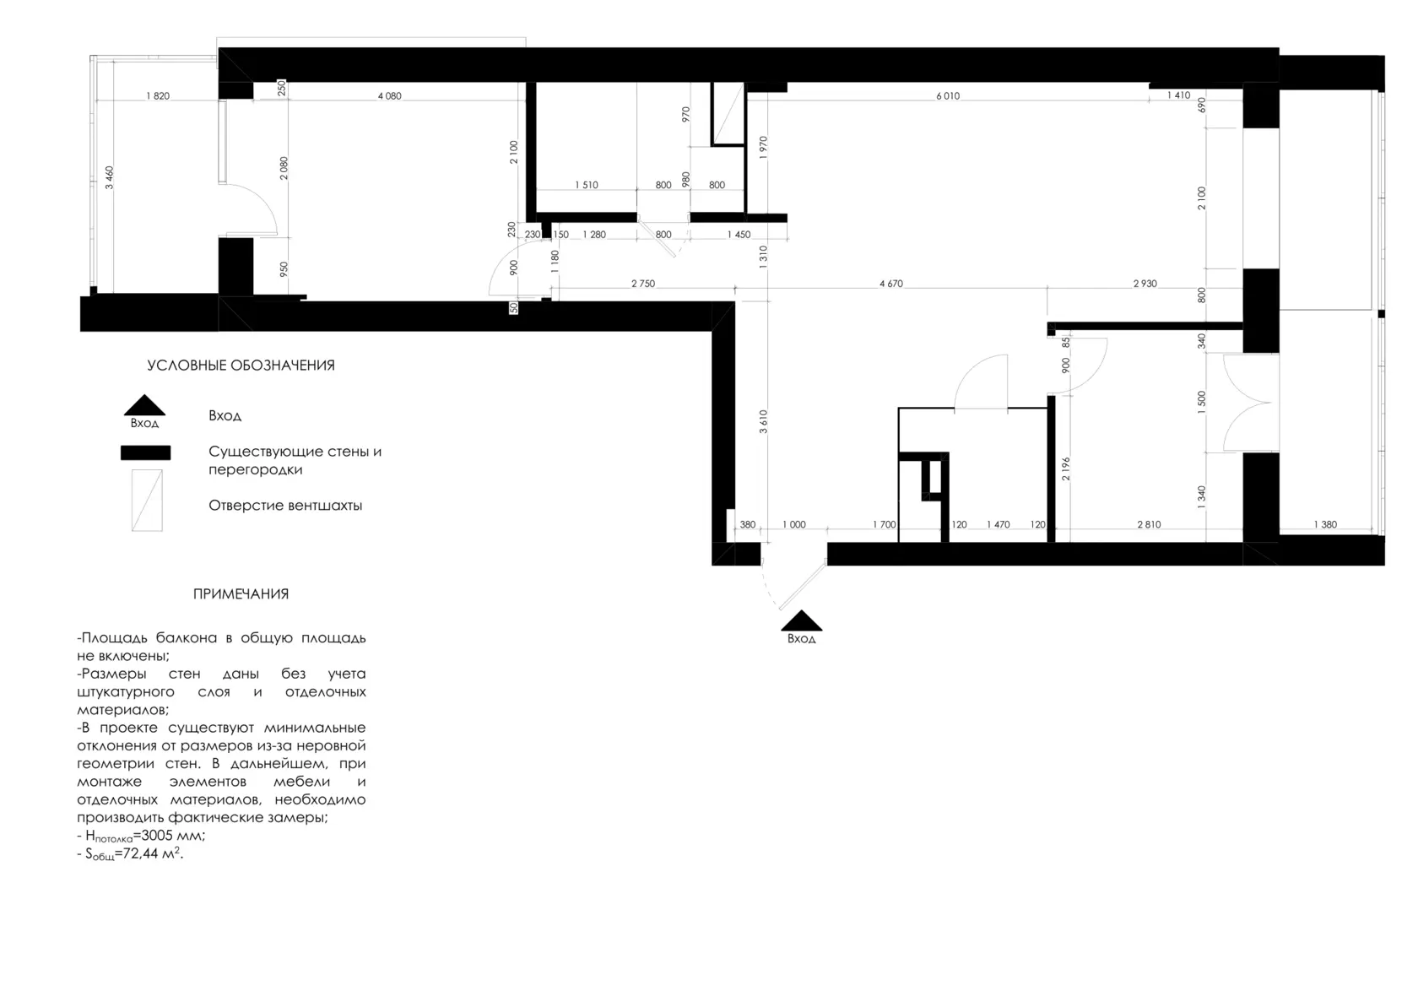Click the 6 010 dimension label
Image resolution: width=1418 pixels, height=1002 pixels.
click(948, 96)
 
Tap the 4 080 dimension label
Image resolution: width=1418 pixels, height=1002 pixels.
click(389, 96)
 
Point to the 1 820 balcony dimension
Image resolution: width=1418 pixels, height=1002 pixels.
click(158, 96)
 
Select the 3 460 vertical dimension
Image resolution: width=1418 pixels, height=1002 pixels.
click(110, 177)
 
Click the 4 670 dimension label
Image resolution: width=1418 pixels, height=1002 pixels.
click(890, 284)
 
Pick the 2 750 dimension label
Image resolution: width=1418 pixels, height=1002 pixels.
click(643, 284)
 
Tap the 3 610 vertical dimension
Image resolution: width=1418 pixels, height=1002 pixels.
click(763, 421)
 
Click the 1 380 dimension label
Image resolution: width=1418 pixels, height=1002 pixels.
click(1325, 524)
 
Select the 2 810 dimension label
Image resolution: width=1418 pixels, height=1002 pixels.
click(1149, 524)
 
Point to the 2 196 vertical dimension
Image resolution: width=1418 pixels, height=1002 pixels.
click(1066, 469)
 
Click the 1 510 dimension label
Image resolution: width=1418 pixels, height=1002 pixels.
click(586, 185)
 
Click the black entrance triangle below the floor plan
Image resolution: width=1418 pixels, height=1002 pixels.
click(802, 620)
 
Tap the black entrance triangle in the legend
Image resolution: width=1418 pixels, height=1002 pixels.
click(144, 405)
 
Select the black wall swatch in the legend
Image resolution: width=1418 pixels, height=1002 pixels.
click(145, 452)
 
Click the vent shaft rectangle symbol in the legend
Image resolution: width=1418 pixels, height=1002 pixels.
click(147, 500)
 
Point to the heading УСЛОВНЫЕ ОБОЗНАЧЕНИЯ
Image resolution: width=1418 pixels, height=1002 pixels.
click(241, 366)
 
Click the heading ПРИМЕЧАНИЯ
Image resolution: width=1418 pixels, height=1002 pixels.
click(241, 593)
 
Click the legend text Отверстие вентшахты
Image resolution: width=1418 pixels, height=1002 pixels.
click(285, 505)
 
